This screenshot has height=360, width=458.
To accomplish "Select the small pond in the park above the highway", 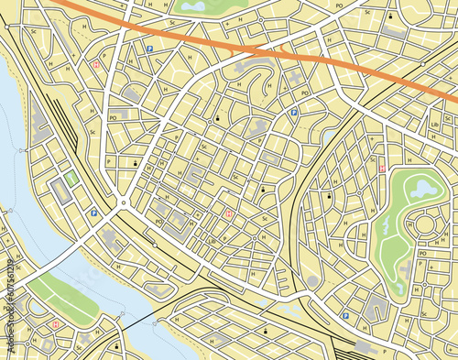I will click(x=193, y=6).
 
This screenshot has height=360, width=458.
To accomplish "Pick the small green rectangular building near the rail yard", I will click(x=71, y=180).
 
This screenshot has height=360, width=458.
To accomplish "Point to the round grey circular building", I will click(x=312, y=280).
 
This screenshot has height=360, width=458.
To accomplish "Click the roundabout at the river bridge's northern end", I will click(x=122, y=203).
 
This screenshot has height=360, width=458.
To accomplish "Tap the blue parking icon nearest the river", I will click(x=93, y=213).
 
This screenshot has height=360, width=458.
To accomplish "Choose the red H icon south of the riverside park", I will click(x=57, y=323).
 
